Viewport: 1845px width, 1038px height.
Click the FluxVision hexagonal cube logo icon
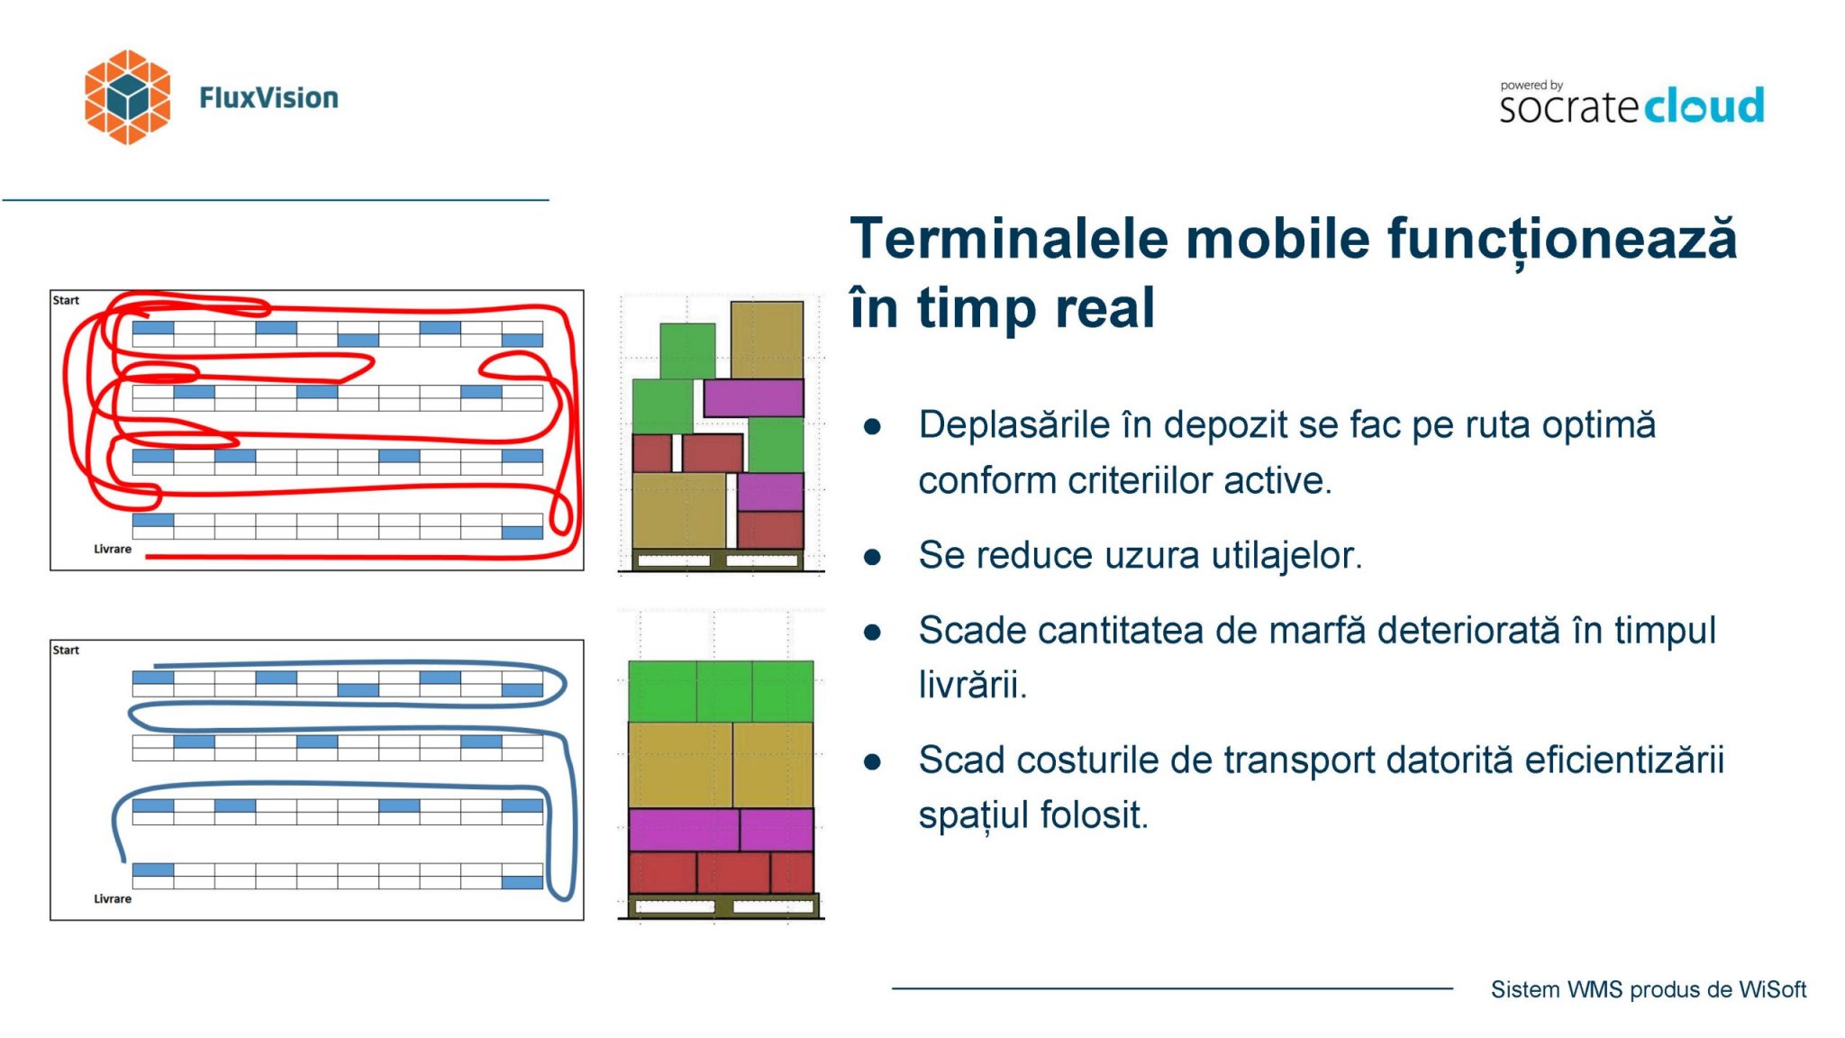pyautogui.click(x=127, y=97)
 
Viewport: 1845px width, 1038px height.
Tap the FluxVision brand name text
pyautogui.click(x=268, y=97)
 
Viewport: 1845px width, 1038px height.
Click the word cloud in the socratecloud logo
pyautogui.click(x=1704, y=106)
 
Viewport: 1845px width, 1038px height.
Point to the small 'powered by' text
pyautogui.click(x=1531, y=86)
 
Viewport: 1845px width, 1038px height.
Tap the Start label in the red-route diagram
pyautogui.click(x=66, y=300)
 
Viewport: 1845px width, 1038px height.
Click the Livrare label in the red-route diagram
pyautogui.click(x=113, y=549)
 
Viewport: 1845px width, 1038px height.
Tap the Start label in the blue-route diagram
pyautogui.click(x=66, y=650)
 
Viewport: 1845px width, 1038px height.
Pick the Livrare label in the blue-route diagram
pyautogui.click(x=113, y=898)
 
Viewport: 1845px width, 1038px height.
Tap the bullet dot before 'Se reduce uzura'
pyautogui.click(x=872, y=557)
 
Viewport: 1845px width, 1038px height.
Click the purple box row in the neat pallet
pyautogui.click(x=721, y=829)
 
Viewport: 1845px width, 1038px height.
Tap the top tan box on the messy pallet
pyautogui.click(x=767, y=340)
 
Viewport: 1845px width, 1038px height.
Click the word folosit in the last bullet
pyautogui.click(x=1095, y=815)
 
